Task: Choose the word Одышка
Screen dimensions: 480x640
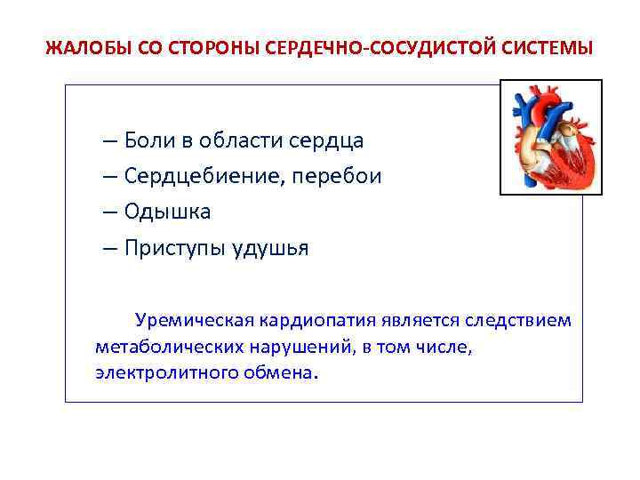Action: (x=168, y=212)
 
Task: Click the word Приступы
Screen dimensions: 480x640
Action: (x=174, y=248)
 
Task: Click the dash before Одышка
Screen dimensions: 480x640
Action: (x=108, y=212)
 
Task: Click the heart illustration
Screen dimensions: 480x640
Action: (x=550, y=137)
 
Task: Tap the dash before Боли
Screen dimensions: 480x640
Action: (x=108, y=140)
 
